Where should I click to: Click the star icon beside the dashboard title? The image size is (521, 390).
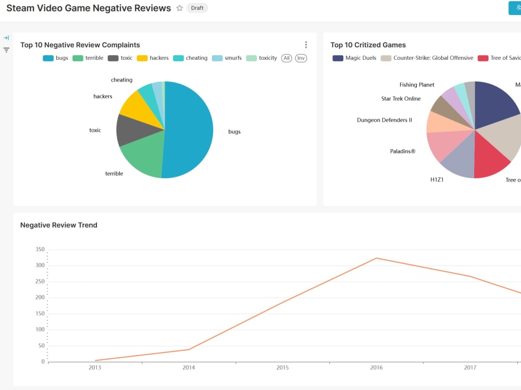[180, 8]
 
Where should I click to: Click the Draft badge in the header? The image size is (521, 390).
[197, 8]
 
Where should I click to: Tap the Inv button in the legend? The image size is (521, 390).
[301, 58]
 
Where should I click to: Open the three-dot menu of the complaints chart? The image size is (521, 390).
[306, 45]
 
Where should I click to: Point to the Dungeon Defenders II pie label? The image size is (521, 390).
[384, 120]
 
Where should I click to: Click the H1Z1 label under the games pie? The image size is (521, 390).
[437, 180]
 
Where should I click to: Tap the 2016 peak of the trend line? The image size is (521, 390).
[376, 258]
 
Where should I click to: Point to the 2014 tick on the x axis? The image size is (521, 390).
[189, 368]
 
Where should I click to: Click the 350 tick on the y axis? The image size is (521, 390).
[40, 250]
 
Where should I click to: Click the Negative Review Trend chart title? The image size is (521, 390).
[58, 225]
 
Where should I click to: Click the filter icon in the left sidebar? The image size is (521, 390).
[6, 50]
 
